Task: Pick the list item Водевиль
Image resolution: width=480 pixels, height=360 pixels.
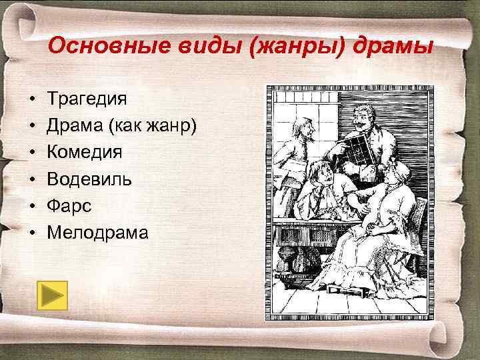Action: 89,179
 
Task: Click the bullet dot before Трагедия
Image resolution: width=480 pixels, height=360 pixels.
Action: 31,99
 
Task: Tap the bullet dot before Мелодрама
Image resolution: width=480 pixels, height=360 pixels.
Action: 31,233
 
